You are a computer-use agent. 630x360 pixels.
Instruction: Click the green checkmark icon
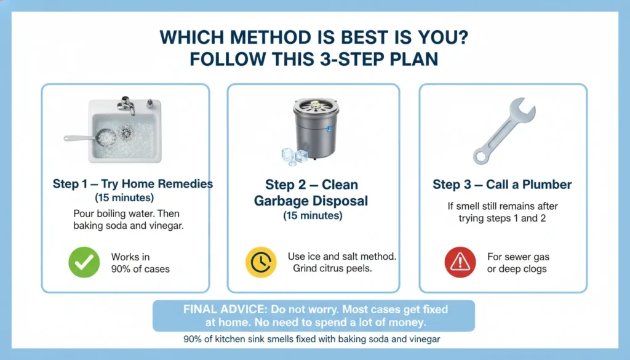pyautogui.click(x=84, y=263)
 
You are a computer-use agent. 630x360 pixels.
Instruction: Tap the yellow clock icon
pyautogui.click(x=260, y=263)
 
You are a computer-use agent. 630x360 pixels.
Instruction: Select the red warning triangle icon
pyautogui.click(x=460, y=263)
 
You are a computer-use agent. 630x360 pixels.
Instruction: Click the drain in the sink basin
pyautogui.click(x=126, y=131)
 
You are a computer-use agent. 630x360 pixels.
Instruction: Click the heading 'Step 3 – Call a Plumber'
pyautogui.click(x=502, y=185)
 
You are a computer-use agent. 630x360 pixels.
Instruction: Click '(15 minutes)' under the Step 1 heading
pyautogui.click(x=124, y=198)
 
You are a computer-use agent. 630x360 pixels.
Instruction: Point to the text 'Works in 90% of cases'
pyautogui.click(x=140, y=263)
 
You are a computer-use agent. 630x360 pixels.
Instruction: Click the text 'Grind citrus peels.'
pyautogui.click(x=333, y=268)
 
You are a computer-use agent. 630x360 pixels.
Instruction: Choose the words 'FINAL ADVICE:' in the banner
pyautogui.click(x=223, y=309)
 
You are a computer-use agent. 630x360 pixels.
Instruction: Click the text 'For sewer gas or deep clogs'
pyautogui.click(x=517, y=263)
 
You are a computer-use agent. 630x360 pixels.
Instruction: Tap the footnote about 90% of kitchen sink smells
pyautogui.click(x=312, y=338)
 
